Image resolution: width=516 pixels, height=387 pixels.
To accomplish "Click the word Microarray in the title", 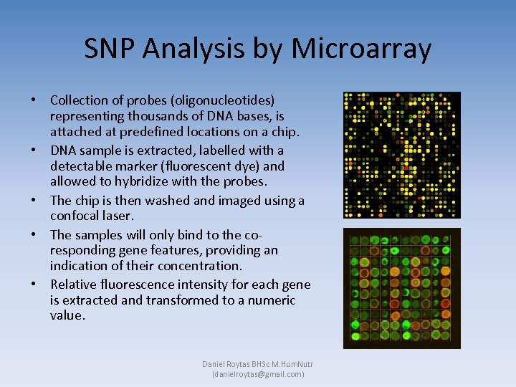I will coord(362,49).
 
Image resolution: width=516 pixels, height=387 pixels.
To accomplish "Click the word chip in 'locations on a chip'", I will coord(264,132).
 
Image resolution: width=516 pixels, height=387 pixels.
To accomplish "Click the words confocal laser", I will coord(92,216).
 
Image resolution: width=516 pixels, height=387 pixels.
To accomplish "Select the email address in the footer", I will coord(258,374).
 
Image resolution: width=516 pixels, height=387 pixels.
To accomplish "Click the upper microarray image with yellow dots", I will coord(401,155).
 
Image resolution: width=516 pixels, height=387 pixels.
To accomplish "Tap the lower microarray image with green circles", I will coord(401,288).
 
